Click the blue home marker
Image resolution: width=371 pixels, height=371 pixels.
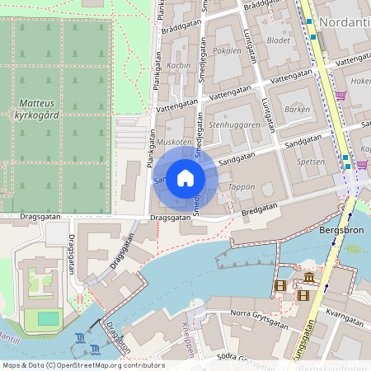[185, 178]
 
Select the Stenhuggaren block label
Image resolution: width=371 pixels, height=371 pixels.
[234, 125]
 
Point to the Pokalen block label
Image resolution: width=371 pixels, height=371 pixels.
[227, 50]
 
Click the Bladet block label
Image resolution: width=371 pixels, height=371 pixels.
[279, 40]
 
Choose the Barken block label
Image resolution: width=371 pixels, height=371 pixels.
[297, 109]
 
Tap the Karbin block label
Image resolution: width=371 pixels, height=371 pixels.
[179, 64]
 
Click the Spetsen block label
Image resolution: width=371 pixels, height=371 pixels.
[311, 162]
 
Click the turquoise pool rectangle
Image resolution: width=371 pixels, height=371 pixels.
[48, 318]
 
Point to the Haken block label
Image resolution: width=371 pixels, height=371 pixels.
[361, 82]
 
